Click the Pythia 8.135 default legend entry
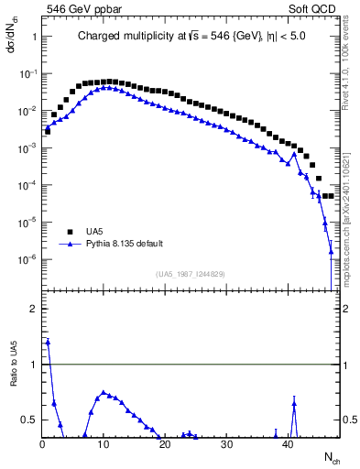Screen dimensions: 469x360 tap(127, 245)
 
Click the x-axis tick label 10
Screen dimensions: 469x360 tap(104, 444)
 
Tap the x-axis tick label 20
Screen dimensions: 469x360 tap(165, 444)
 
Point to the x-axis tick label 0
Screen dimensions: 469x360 tap(42, 444)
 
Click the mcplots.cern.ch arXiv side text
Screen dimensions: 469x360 tap(348, 220)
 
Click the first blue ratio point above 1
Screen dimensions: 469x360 tap(48, 342)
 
